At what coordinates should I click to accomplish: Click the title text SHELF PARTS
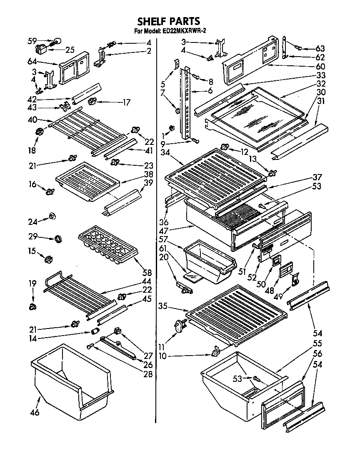click(169, 21)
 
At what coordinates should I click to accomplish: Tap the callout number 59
click(32, 41)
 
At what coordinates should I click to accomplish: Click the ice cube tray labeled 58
click(108, 247)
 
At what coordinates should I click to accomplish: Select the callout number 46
click(35, 413)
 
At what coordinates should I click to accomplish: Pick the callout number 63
click(320, 49)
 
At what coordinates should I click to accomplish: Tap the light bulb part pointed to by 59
click(56, 41)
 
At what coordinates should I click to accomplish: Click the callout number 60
click(320, 67)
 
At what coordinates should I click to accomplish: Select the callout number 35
click(163, 306)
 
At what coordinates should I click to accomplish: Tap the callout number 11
click(162, 346)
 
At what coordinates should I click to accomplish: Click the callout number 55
click(318, 344)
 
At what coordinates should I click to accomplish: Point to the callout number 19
click(32, 283)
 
